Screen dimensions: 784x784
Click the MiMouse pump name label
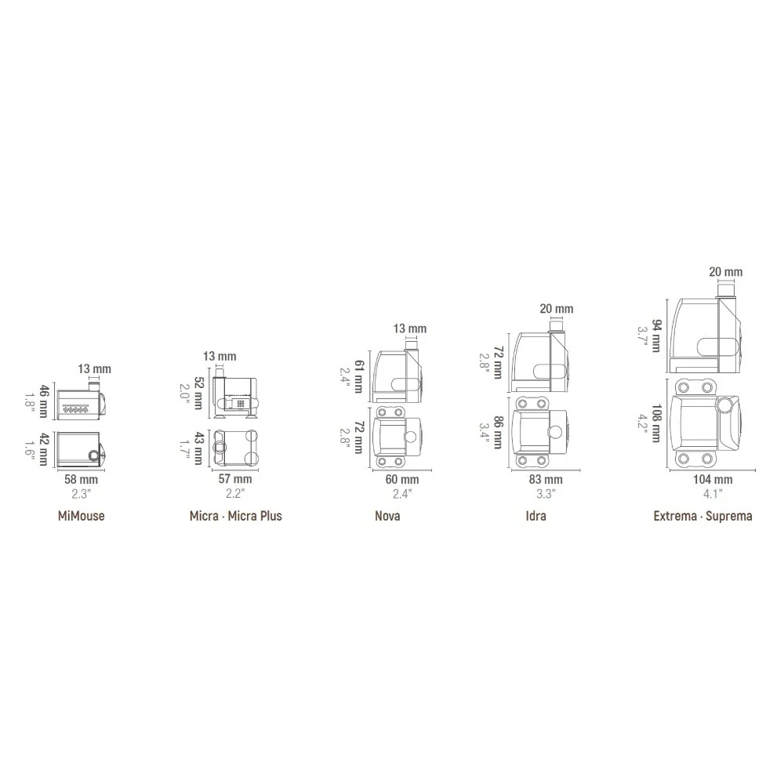[x=81, y=516]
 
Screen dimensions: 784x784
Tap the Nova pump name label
[x=387, y=516]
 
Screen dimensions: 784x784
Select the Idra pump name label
[x=535, y=516]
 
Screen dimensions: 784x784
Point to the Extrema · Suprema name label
[x=702, y=516]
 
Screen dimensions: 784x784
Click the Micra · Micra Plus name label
[x=235, y=516]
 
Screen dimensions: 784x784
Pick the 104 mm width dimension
[x=713, y=480]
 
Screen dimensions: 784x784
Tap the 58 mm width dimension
[x=81, y=480]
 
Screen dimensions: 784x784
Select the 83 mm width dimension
[x=546, y=480]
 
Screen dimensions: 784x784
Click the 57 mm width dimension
[x=235, y=479]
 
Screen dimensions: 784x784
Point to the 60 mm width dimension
[x=402, y=480]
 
